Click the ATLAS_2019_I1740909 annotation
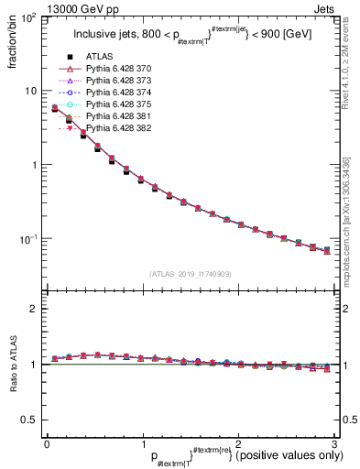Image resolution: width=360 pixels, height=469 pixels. tap(189, 274)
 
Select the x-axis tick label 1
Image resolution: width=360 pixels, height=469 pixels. tap(142, 443)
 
